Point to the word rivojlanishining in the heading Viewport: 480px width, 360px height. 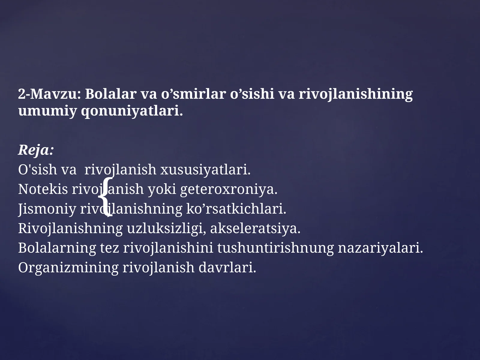pos(355,94)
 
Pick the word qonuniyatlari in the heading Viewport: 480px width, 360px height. pos(131,111)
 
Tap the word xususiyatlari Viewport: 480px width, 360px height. pos(205,170)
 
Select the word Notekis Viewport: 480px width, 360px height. pos(43,189)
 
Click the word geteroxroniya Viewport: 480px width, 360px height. pos(229,189)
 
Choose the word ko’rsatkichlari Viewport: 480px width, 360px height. pos(236,209)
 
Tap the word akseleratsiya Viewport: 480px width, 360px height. pos(255,229)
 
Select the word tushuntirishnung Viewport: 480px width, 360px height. pos(275,248)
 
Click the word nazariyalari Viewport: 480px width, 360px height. pos(380,248)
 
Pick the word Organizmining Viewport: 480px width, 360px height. pos(68,268)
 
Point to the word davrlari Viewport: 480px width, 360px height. pos(227,268)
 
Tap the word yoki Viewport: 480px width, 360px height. pos(162,189)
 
